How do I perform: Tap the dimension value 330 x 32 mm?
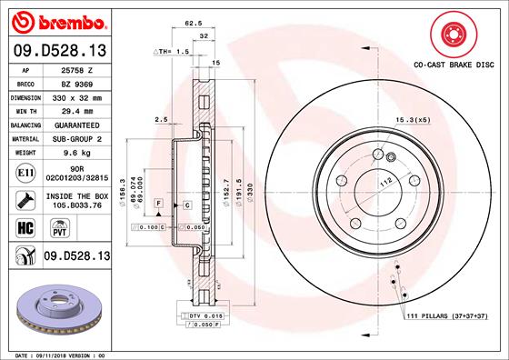(x=74, y=95)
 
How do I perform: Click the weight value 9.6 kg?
(x=74, y=154)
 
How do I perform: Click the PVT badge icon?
(x=53, y=227)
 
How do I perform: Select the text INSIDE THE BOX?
(x=74, y=196)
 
